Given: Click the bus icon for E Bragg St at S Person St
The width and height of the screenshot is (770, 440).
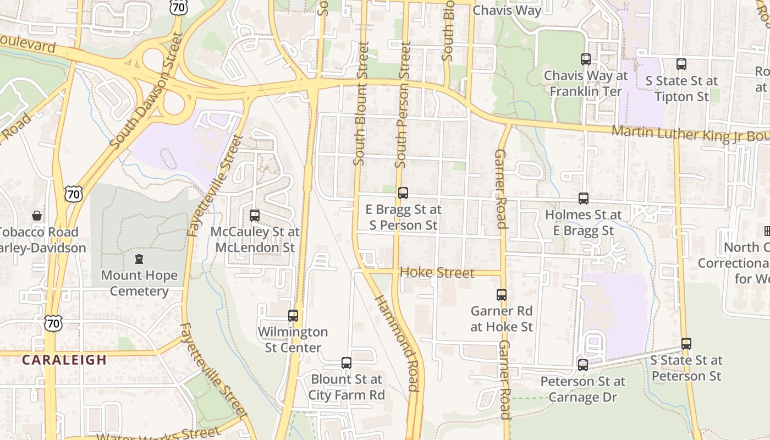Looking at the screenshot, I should coord(403,193).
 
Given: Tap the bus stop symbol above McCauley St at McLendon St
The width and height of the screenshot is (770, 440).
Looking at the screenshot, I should coord(255,216).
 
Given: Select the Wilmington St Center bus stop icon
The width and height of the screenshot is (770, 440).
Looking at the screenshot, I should coord(293,316).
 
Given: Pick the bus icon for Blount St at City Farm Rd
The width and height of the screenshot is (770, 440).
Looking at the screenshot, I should coord(346,363).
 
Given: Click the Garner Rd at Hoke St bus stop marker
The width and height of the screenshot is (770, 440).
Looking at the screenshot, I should coord(502,295).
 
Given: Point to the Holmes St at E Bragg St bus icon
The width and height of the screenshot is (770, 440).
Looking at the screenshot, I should coord(584,199).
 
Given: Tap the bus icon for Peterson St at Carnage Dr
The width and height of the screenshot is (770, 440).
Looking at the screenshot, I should coord(583,365).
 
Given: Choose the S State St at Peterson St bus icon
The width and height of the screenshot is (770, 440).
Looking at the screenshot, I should coord(686,344).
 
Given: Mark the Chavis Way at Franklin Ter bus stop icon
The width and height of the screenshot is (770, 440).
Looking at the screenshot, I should coord(586,59).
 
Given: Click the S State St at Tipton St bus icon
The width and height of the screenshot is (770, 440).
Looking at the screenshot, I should coord(681,64).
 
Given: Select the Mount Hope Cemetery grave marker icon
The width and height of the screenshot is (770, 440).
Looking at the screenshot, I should coord(139,259).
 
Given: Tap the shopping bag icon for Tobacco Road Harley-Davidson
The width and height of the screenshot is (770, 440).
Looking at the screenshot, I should coord(37,216).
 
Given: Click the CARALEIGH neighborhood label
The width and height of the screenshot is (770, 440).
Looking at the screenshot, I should coord(64,360).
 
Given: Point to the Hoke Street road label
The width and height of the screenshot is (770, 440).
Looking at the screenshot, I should coord(437,273).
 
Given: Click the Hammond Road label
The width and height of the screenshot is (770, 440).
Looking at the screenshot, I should coord(398,343).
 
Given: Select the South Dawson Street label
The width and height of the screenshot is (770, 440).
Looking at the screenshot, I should coord(146,91).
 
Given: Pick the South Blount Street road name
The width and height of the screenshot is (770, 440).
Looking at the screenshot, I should coord(360,105).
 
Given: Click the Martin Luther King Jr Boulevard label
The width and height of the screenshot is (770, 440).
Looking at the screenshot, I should coord(690,134).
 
